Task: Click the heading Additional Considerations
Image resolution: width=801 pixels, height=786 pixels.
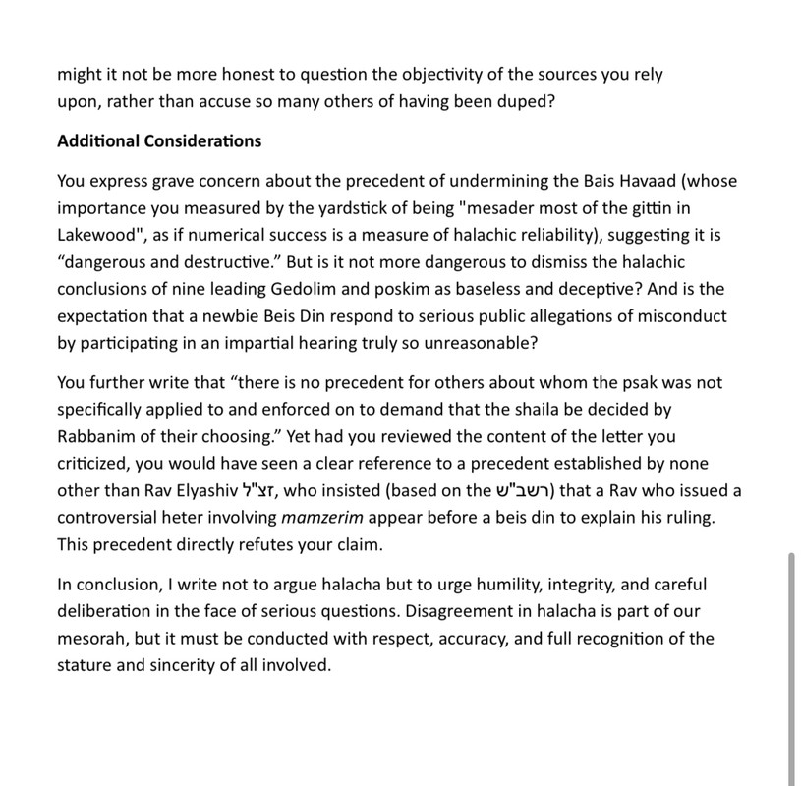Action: [159, 141]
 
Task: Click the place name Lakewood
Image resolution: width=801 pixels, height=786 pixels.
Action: [97, 236]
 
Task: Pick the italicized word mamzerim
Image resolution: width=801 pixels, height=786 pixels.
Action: [319, 517]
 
